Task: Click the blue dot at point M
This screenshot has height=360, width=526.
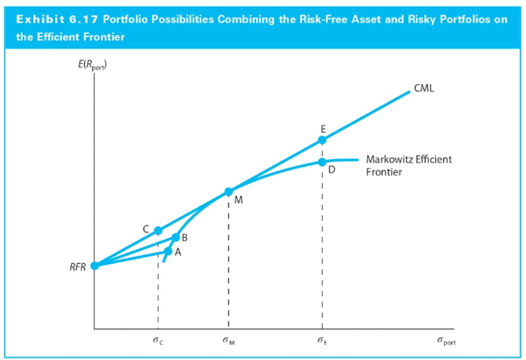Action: coord(228,191)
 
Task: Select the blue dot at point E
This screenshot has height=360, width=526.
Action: coord(322,140)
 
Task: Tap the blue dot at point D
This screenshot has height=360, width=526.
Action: coord(322,162)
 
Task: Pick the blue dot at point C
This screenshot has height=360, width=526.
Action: coord(158,231)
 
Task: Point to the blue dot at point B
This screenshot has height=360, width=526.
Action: coord(176,237)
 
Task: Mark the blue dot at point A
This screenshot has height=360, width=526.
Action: coord(168,251)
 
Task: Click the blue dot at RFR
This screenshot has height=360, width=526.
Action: coord(95,265)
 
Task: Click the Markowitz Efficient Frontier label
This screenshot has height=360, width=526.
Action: coord(408,165)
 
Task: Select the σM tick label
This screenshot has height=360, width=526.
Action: coord(228,342)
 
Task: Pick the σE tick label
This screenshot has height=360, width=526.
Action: coord(322,342)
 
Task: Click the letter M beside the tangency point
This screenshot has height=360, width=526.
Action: coord(239,201)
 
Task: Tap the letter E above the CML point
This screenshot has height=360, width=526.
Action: coord(322,129)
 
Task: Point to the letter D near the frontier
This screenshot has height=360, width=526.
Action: coord(332,170)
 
